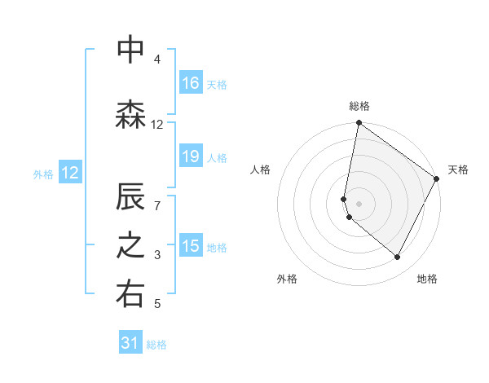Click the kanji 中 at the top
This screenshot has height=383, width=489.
(x=130, y=50)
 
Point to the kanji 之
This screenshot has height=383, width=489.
(x=130, y=247)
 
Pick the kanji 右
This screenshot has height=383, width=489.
(x=130, y=296)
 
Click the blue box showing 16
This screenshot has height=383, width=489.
(x=191, y=83)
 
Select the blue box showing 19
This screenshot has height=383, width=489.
(x=191, y=156)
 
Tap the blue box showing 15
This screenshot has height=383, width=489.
(x=191, y=246)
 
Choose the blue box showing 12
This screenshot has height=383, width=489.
(x=70, y=173)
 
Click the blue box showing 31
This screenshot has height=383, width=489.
(x=130, y=344)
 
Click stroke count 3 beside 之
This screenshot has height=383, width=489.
(x=156, y=256)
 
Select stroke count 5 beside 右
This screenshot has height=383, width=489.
(x=156, y=305)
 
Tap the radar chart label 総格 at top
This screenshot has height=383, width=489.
(x=359, y=106)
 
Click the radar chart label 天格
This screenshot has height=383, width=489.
(x=458, y=169)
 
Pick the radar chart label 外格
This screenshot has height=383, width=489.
(x=287, y=279)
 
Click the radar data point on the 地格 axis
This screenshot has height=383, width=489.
(x=398, y=258)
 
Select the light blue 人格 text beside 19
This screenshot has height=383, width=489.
(x=217, y=157)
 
